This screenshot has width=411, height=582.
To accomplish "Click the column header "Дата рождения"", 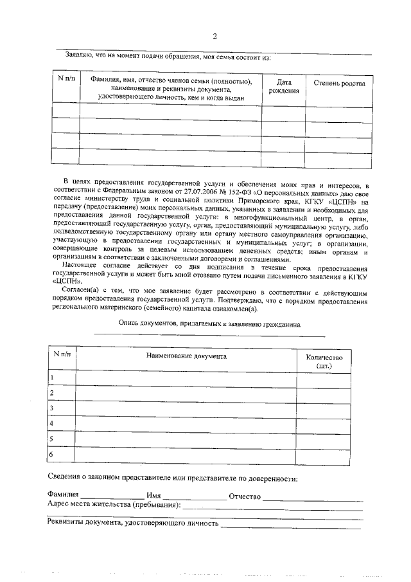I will point(284,87).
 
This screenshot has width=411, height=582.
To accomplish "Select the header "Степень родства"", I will point(339,84).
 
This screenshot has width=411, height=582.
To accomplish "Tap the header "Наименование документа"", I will point(186,355).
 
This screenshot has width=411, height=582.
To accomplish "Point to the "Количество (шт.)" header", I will point(324,361).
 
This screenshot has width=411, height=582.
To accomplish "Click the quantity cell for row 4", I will point(324,424).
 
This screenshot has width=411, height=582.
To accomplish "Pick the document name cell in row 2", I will point(186,393).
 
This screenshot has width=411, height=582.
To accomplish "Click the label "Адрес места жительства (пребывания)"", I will point(114,506).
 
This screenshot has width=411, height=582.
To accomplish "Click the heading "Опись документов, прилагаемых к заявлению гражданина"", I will point(209,325).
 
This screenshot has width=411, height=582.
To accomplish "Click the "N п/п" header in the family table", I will point(66,79).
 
